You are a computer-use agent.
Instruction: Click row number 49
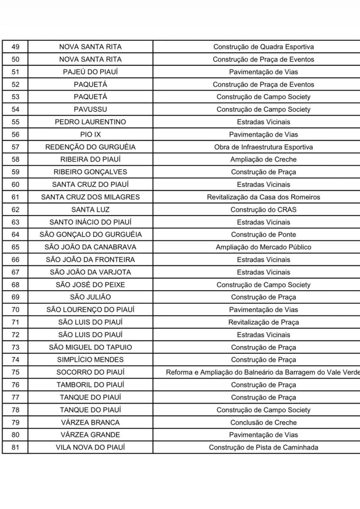click(15, 47)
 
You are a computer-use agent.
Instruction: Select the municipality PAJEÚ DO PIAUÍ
click(90, 72)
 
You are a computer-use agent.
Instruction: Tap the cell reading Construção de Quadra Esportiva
click(263, 47)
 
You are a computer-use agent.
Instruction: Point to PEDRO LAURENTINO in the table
click(90, 122)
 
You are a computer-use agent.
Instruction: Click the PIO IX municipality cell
click(90, 134)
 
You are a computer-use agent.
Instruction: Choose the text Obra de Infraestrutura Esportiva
click(263, 147)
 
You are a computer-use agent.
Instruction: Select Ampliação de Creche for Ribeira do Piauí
click(263, 159)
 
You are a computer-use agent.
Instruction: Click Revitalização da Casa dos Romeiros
click(263, 197)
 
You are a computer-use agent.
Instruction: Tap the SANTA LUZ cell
click(90, 210)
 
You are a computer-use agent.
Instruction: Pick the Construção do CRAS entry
click(263, 210)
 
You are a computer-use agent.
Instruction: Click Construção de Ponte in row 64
click(263, 235)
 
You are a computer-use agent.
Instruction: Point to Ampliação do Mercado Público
click(263, 247)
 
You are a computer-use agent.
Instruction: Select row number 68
click(15, 285)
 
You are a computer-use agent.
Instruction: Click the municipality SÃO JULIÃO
click(90, 297)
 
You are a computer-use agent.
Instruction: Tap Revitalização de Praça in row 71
click(263, 322)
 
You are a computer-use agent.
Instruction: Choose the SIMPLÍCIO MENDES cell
click(90, 360)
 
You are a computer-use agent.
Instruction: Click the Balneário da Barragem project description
click(263, 372)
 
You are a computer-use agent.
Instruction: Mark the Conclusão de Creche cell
click(263, 422)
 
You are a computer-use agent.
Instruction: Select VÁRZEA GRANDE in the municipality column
click(90, 435)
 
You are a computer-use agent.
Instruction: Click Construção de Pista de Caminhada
click(263, 447)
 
